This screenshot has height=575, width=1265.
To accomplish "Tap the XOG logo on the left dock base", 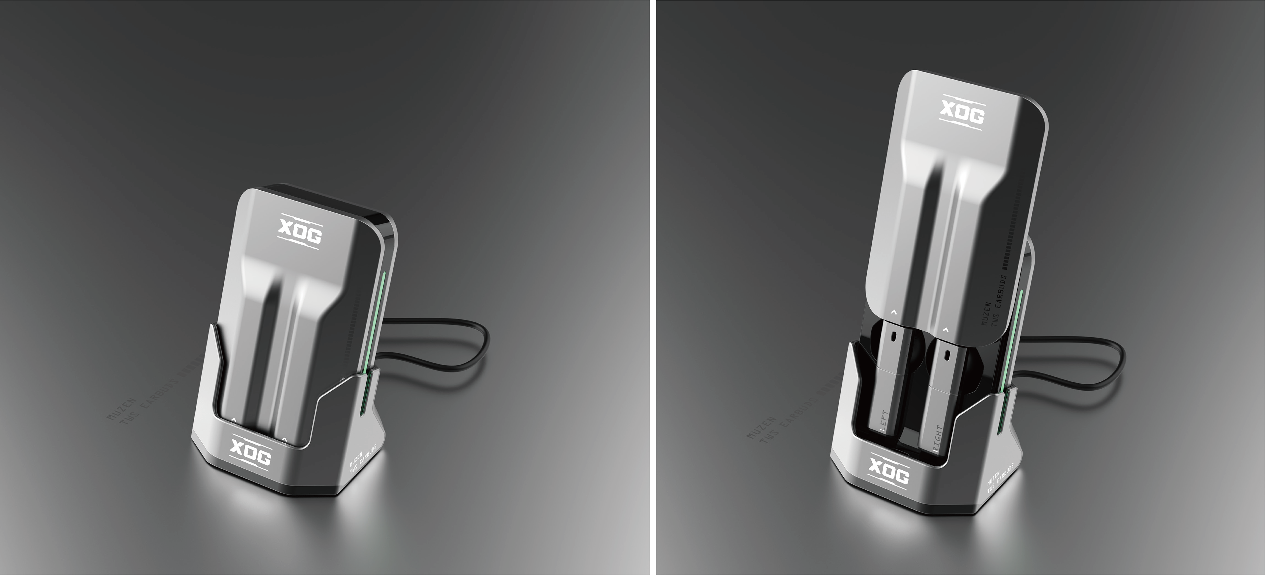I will [250, 452].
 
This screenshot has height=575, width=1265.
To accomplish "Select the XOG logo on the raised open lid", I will [963, 112].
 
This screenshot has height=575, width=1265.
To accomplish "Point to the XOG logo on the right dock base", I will [889, 470].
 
